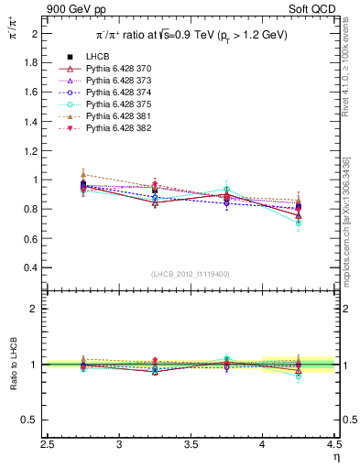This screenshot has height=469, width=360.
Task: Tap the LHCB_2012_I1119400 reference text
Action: [x=191, y=274]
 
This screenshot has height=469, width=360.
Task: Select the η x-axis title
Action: [x=336, y=456]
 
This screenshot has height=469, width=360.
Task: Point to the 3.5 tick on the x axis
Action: [x=191, y=444]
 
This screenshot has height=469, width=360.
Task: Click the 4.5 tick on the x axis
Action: [x=334, y=444]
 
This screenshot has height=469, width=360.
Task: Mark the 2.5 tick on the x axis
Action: [x=49, y=444]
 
